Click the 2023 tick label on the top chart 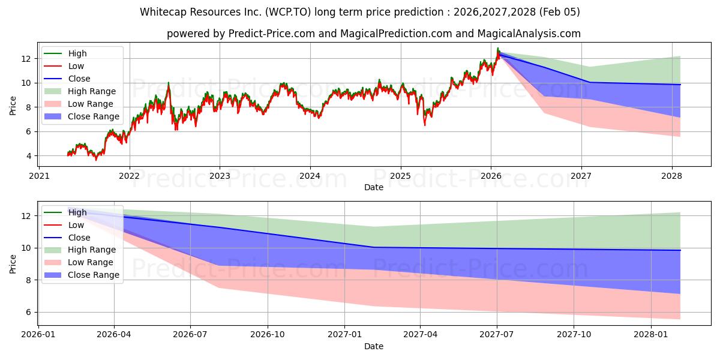220,176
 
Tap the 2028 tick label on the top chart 671,176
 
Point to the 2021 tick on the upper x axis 39,176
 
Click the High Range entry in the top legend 91,91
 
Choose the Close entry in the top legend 79,79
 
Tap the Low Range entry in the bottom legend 91,262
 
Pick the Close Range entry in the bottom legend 94,275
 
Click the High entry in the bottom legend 77,212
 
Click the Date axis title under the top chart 374,187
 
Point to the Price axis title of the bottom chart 13,263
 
